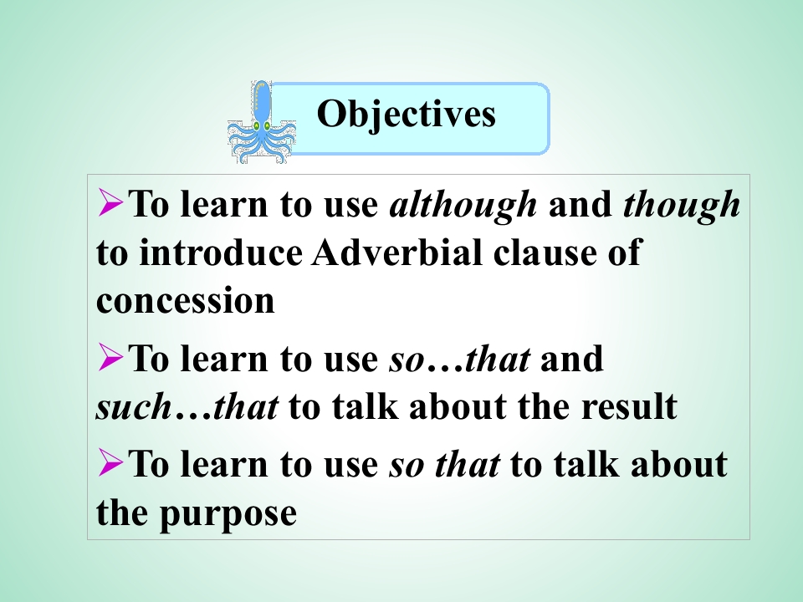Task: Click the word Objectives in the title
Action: (x=407, y=115)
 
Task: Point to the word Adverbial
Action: (x=396, y=253)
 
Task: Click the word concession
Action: (x=186, y=301)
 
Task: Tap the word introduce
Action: (x=221, y=253)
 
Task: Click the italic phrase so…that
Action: (x=460, y=360)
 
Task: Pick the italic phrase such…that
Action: (x=187, y=407)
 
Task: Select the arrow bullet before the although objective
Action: (x=110, y=202)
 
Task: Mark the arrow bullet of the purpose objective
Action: (x=110, y=462)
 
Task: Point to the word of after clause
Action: (x=625, y=253)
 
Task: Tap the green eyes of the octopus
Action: (x=262, y=125)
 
